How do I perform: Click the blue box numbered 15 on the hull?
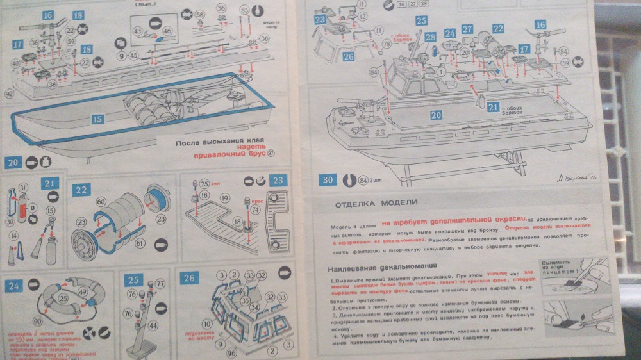pyautogui.click(x=97, y=119)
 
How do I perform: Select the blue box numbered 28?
pyautogui.click(x=429, y=37)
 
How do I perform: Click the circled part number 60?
pyautogui.click(x=101, y=201)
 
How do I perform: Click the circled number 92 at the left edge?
pyautogui.click(x=8, y=94)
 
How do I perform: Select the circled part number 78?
pyautogui.click(x=386, y=44)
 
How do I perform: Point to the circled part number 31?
pyautogui.click(x=23, y=187)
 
